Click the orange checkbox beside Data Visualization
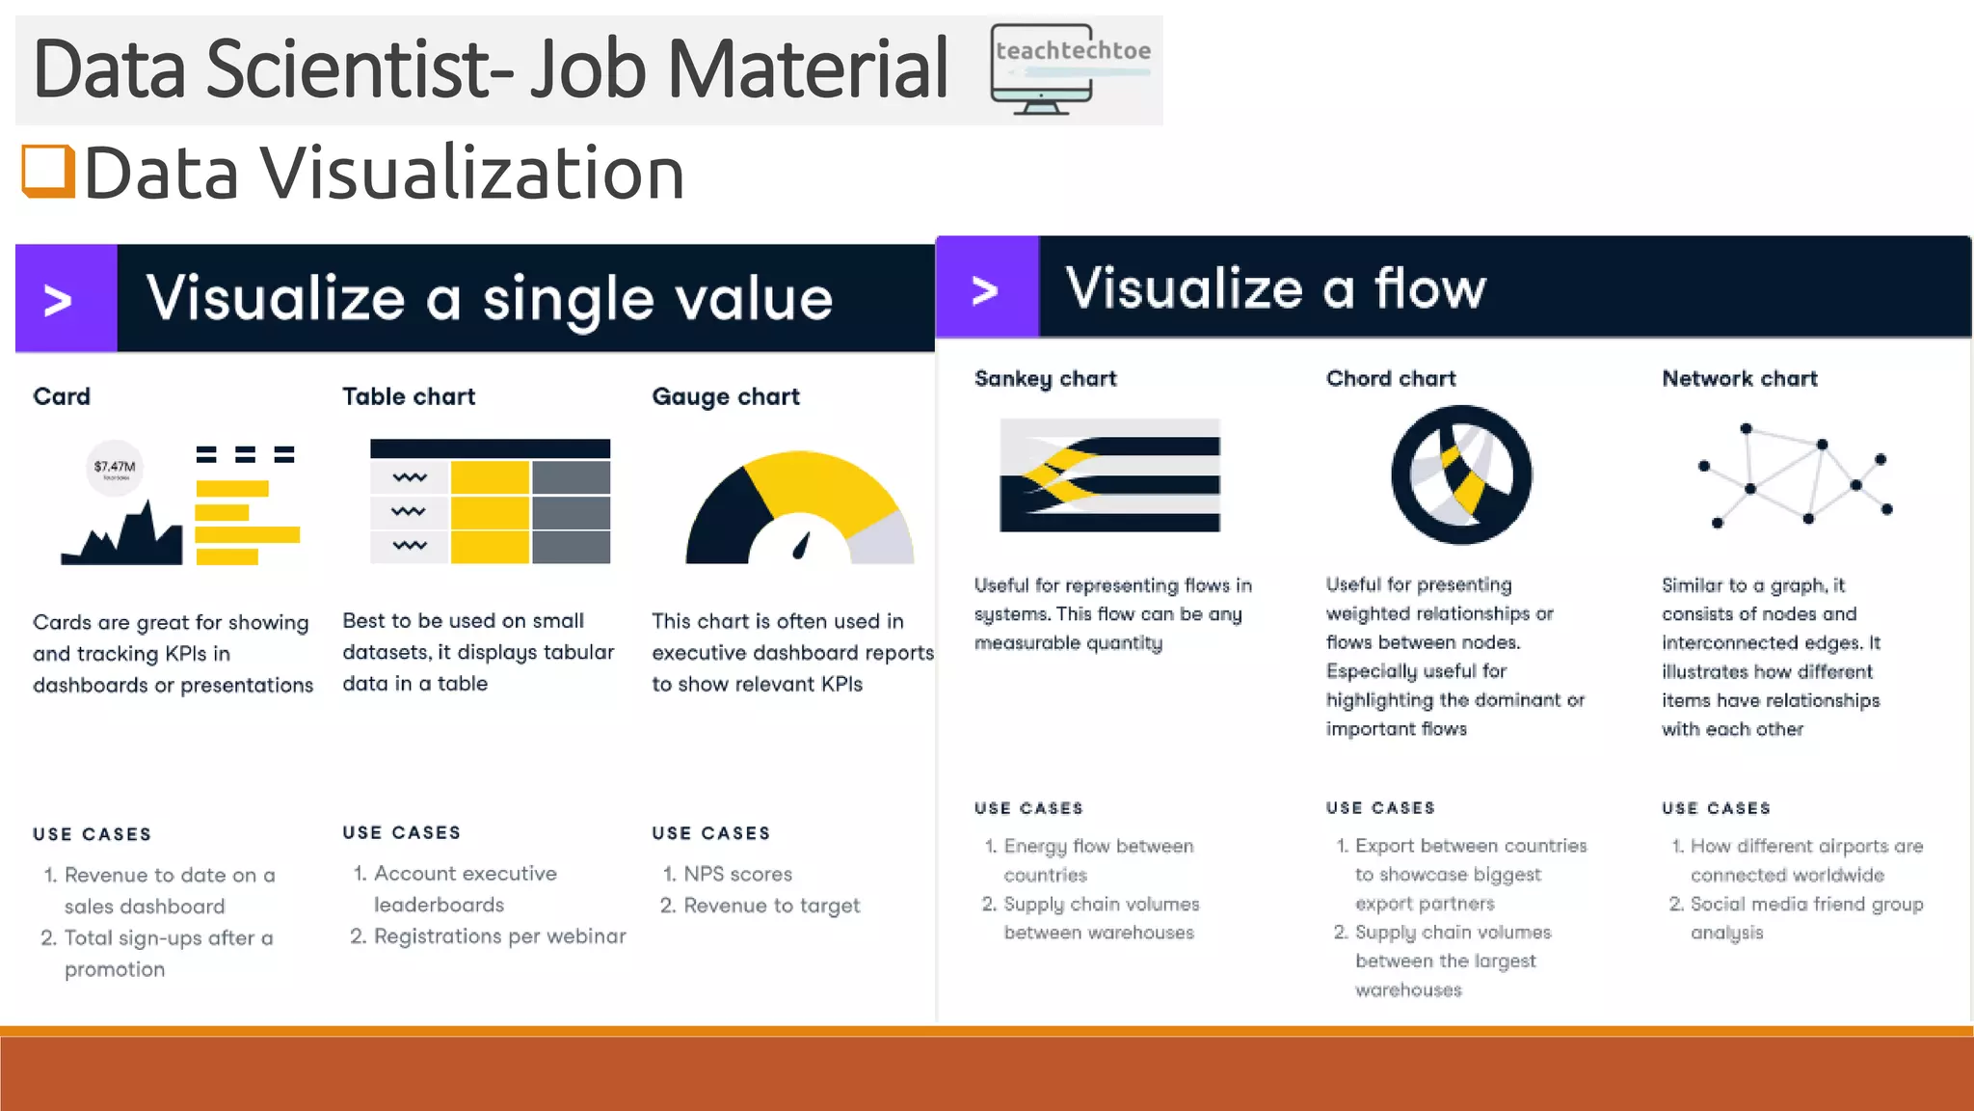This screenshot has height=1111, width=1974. click(48, 171)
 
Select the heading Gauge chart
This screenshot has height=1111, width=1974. click(725, 396)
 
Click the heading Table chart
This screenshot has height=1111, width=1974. click(409, 396)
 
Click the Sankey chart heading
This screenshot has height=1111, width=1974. click(1045, 378)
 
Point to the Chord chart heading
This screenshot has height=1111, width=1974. click(1390, 378)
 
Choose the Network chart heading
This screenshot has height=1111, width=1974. click(1739, 378)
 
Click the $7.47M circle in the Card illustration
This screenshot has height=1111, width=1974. click(115, 468)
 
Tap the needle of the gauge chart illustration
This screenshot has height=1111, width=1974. click(801, 547)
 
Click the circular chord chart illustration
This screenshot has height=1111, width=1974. click(1461, 474)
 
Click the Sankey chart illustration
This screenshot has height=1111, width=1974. click(1109, 474)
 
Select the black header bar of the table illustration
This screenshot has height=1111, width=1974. click(490, 448)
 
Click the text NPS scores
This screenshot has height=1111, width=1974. click(737, 874)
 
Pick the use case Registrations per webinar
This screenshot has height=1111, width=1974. click(499, 935)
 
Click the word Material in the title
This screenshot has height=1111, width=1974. click(808, 69)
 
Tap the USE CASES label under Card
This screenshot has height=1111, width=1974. click(92, 834)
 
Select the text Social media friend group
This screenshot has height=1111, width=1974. click(1806, 904)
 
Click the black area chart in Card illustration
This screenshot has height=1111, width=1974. click(125, 540)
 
